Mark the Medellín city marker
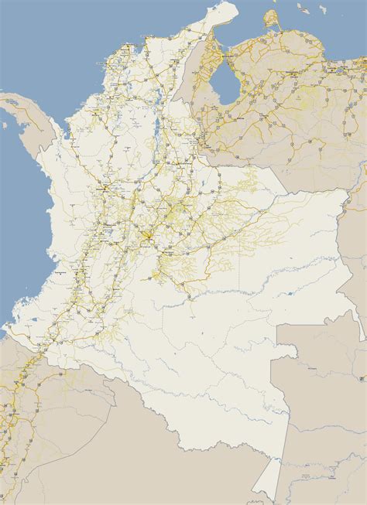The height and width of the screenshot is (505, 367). click(104, 187)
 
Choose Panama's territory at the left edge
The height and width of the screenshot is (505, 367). click(23, 116)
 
